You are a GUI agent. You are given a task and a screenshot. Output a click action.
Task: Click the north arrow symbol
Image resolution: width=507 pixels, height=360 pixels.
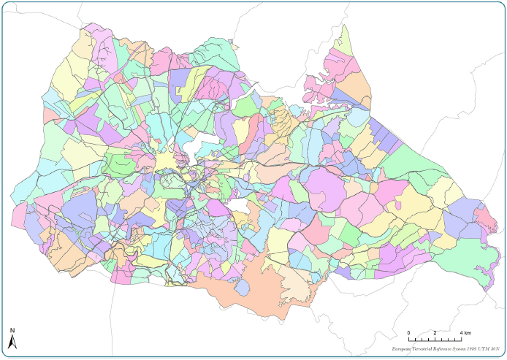(x=12, y=342)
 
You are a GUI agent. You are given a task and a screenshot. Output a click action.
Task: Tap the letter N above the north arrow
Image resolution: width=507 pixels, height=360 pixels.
(x=12, y=330)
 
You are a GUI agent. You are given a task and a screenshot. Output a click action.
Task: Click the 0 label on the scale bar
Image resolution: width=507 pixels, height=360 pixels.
(x=408, y=332)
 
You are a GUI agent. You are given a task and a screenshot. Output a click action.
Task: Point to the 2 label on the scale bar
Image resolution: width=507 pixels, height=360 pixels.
(x=435, y=332)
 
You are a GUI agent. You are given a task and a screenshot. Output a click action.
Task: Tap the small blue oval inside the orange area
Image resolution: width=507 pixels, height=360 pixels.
(x=242, y=287)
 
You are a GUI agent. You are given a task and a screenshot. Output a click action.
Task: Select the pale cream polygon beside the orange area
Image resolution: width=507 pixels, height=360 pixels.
(x=297, y=280)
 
